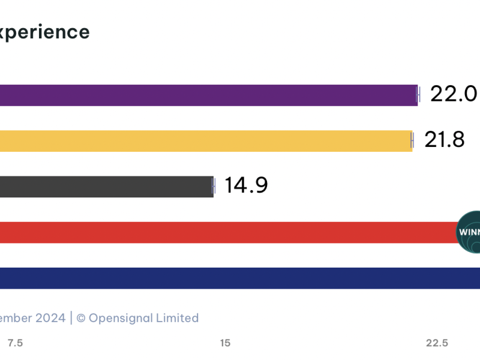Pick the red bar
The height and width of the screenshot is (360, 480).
pos(228,232)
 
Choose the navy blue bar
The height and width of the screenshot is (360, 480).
pos(240,278)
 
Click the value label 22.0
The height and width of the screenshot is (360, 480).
pos(454,94)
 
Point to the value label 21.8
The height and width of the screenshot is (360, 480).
pos(445,140)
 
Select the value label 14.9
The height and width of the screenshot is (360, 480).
pos(246,186)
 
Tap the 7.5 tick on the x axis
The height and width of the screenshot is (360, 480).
pos(15,343)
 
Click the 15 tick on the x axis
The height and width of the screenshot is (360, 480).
pos(225,343)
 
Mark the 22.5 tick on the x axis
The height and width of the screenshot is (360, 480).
pos(437,343)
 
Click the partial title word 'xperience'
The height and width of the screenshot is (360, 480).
pos(45,32)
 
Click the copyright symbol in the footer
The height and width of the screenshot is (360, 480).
pos(81,318)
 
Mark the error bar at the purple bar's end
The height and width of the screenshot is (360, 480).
pos(418,95)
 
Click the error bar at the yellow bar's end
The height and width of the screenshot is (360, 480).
pos(412,141)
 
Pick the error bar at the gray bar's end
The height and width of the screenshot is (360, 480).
pos(214,187)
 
